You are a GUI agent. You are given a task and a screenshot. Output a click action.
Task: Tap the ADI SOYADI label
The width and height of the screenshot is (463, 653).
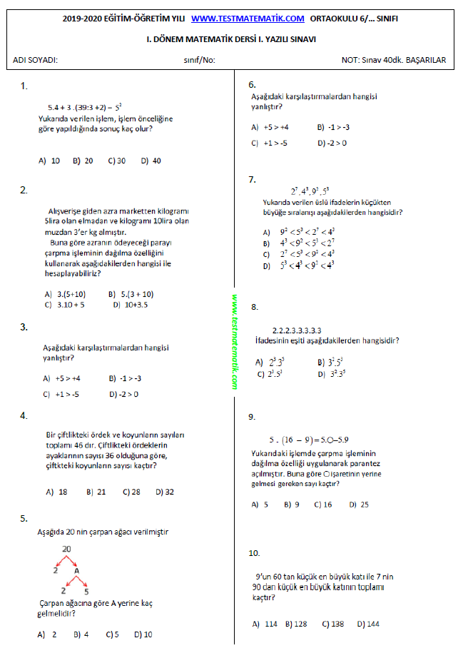click(36, 60)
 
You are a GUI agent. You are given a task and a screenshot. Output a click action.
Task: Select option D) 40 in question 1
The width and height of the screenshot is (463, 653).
click(151, 161)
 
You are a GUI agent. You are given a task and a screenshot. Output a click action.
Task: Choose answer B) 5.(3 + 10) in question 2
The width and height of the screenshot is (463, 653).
click(131, 293)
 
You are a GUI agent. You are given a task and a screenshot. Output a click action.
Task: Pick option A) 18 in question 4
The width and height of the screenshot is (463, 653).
click(56, 492)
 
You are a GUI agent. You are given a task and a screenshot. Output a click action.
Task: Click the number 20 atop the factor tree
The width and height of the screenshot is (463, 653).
click(67, 549)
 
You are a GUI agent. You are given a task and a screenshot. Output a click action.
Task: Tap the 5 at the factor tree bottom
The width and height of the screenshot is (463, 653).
click(86, 591)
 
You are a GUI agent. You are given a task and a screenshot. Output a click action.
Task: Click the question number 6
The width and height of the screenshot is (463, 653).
click(253, 83)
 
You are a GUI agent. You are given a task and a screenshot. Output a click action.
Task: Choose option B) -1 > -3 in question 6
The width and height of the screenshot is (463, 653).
click(334, 127)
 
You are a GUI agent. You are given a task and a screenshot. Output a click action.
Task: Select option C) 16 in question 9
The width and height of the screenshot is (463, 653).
click(322, 505)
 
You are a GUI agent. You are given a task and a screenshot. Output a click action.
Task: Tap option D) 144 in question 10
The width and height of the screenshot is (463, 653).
click(368, 624)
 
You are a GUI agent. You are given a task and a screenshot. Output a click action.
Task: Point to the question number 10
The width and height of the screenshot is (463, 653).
click(255, 553)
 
